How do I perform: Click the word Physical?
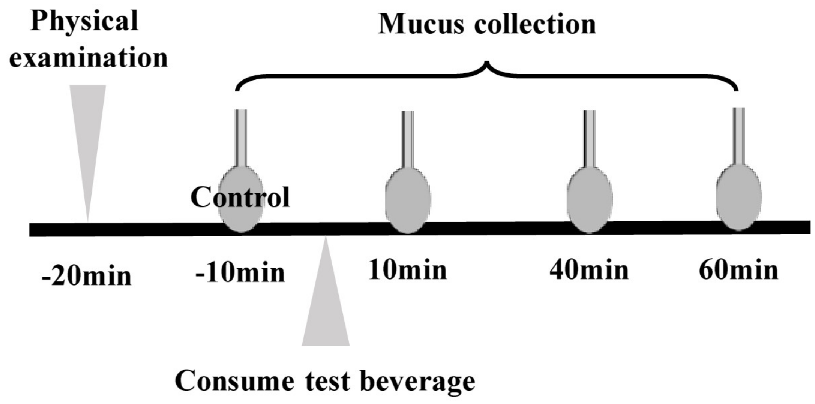84,21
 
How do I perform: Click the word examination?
89,58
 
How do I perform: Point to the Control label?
240,197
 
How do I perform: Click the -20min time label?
87,276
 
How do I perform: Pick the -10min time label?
240,272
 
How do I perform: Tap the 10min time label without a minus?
408,270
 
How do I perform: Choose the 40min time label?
589,270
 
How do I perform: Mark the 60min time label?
738,270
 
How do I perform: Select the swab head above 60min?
739,197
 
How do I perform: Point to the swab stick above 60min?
739,135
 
